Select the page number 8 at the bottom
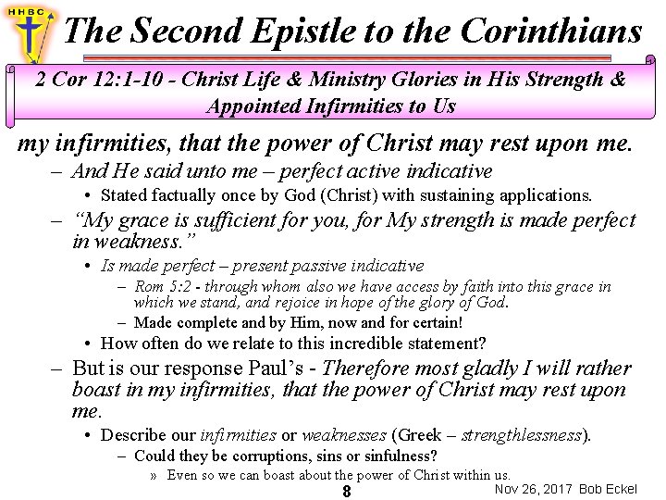click(346, 492)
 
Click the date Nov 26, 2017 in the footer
click(534, 488)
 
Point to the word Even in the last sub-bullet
click(182, 475)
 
